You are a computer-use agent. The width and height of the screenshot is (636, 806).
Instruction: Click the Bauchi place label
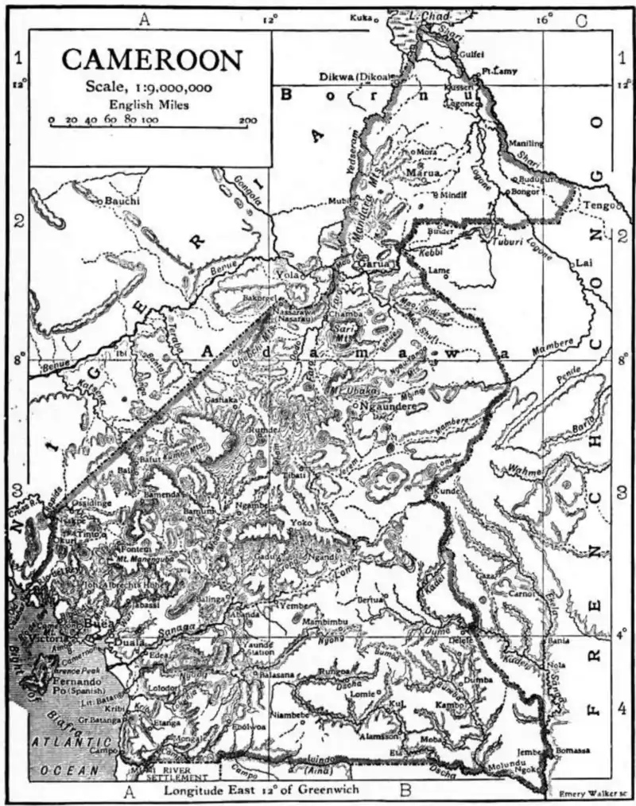[x=124, y=202]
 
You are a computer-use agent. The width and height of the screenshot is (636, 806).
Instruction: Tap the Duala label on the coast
[x=106, y=644]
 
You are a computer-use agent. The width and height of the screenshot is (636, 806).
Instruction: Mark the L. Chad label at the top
[x=433, y=17]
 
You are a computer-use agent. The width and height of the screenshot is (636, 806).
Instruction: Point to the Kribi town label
[x=114, y=707]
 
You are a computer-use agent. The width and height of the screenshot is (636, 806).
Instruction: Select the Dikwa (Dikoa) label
[x=355, y=76]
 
